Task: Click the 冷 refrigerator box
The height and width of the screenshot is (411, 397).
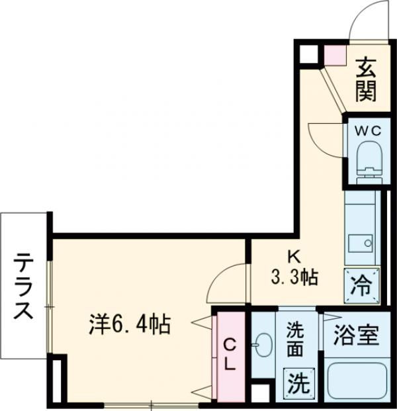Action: [362, 285]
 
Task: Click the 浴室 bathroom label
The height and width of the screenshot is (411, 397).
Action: [356, 336]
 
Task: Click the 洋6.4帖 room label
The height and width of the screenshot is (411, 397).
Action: [130, 324]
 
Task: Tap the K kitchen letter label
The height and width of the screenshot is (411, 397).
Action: [292, 257]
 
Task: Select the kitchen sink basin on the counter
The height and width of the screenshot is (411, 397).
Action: [361, 243]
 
